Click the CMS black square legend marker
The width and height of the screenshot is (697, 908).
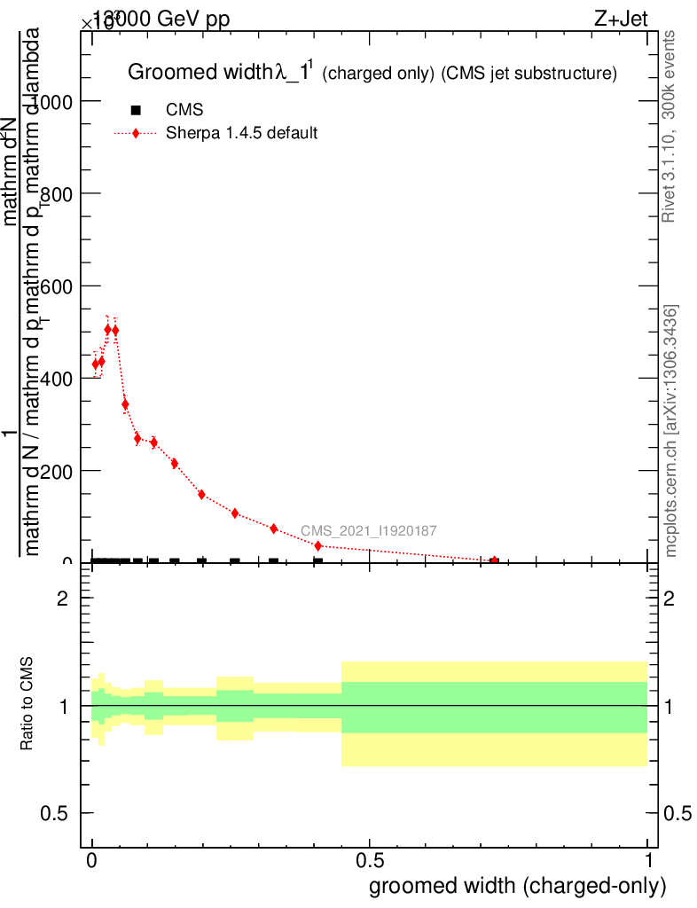[x=136, y=110]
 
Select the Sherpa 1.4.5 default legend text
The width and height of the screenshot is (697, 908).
[x=242, y=133]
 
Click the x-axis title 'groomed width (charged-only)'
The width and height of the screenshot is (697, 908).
[x=517, y=885]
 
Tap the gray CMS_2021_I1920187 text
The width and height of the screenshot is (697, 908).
[x=368, y=531]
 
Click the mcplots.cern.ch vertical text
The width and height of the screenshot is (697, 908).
[x=671, y=431]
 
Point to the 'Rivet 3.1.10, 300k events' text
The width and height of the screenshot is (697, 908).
[x=670, y=126]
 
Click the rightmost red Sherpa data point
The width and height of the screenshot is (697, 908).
[x=494, y=560]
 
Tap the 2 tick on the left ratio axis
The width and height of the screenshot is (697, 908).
[x=63, y=599]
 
